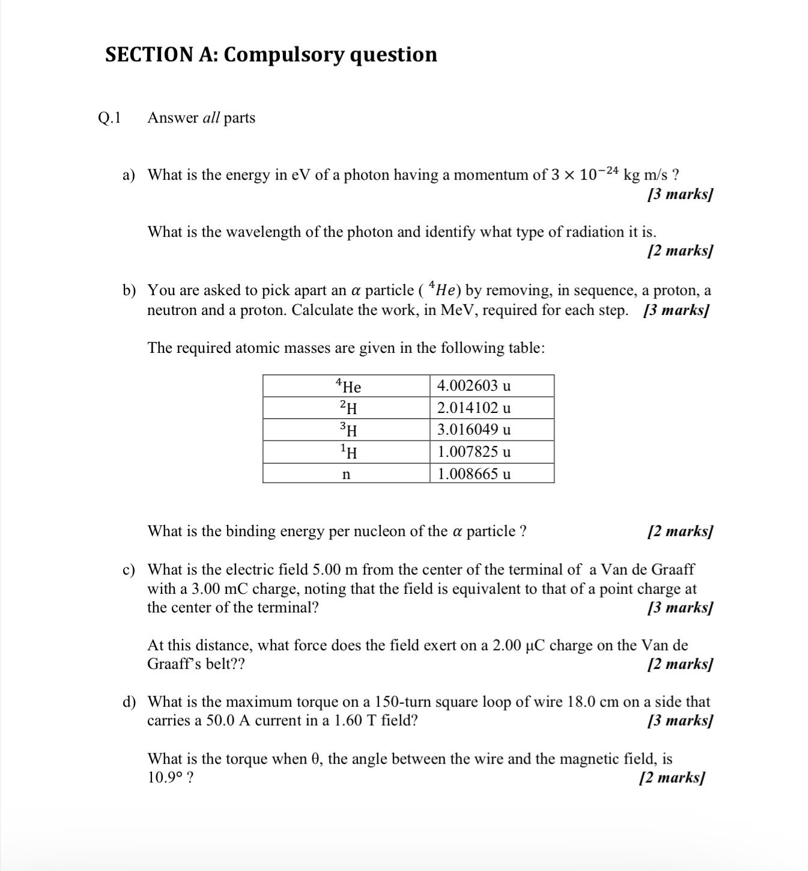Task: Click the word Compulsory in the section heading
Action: point(284,55)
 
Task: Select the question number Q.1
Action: point(109,118)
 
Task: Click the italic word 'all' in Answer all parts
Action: point(211,118)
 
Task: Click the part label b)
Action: point(129,291)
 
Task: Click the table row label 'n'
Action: point(346,474)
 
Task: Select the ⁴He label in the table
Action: point(348,386)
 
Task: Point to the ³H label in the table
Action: point(348,430)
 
